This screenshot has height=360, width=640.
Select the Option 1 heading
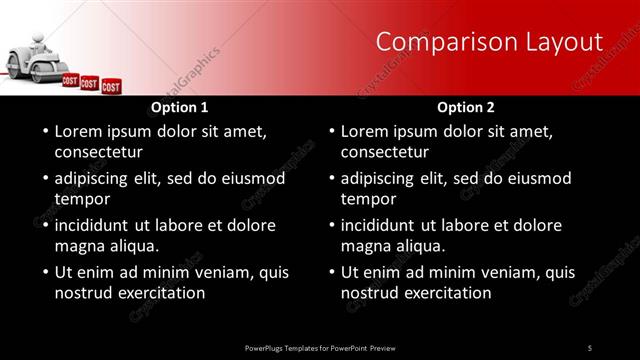(179, 107)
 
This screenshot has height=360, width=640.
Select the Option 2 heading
(466, 107)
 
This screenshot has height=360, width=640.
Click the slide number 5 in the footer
(590, 347)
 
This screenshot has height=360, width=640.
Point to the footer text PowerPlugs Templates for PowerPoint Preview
(320, 347)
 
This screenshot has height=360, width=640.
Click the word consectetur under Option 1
(98, 153)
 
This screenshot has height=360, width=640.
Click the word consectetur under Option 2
(385, 153)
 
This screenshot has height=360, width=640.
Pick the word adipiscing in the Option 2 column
(384, 179)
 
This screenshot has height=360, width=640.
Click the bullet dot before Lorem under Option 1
(44, 131)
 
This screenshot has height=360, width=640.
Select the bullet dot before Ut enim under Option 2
(331, 271)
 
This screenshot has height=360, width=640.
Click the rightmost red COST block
(111, 87)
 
